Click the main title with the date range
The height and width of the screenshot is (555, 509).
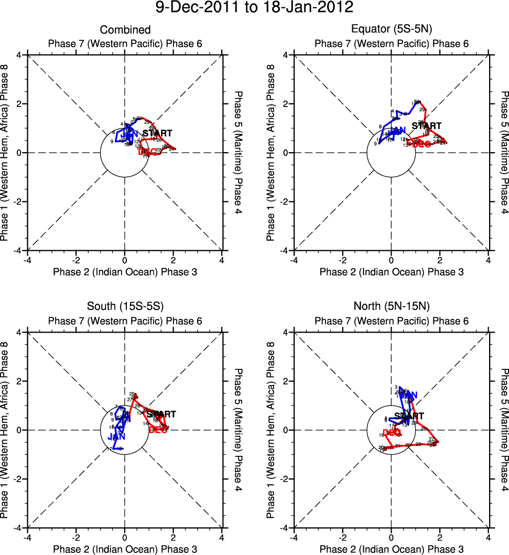(255, 8)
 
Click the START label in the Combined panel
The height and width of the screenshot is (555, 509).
(157, 134)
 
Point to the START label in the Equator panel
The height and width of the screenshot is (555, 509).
(426, 126)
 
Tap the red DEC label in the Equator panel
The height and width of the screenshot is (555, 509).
(421, 144)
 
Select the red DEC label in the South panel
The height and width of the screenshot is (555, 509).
(158, 430)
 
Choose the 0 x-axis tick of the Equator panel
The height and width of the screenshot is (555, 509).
(391, 260)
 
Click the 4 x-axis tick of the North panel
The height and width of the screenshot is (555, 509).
(488, 538)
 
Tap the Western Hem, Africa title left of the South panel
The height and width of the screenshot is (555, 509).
(6, 430)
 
